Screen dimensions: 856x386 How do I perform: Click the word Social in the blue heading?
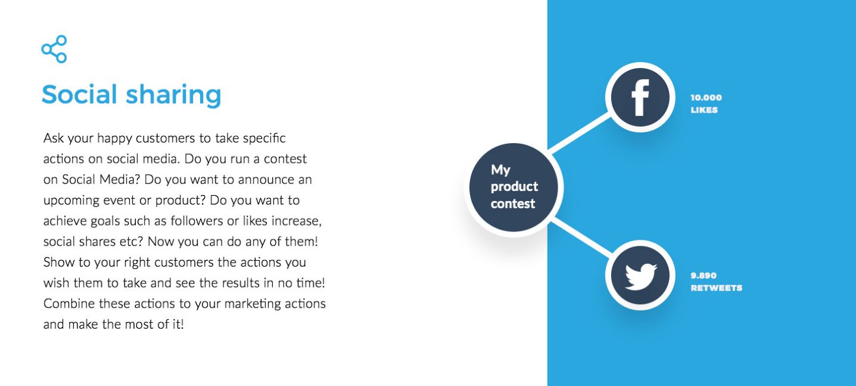tap(79, 94)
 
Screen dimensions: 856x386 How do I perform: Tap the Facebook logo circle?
tap(640, 97)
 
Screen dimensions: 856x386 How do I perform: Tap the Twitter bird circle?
tap(640, 275)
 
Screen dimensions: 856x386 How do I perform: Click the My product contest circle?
tap(513, 187)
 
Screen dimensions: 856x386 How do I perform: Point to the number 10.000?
tap(706, 98)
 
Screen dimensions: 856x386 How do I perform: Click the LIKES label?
tap(704, 110)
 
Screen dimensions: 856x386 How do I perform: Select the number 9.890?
tap(703, 276)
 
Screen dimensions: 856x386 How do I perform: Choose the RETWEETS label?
tap(716, 288)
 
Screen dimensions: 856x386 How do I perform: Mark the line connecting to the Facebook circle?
tap(580, 132)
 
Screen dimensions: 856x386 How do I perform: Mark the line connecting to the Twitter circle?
tap(580, 237)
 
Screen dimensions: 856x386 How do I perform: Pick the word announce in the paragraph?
tap(267, 180)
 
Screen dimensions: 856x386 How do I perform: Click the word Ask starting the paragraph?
tap(54, 138)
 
